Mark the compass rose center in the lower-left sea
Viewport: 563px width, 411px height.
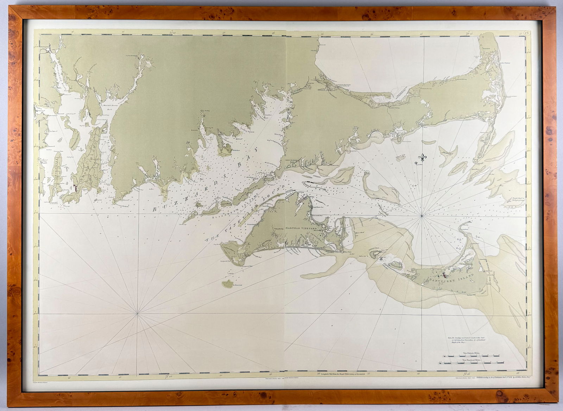click(138, 312)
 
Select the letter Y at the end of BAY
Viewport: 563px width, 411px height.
click(256, 150)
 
